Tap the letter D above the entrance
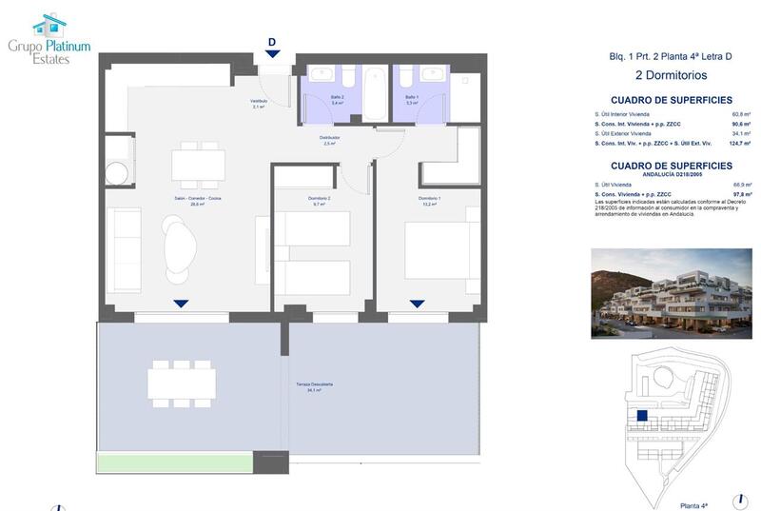coord(272,42)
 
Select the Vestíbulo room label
coord(258,104)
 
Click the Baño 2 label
coord(323,98)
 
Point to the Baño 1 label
coord(412,98)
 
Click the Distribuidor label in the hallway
coord(330,140)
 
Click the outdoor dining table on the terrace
coord(181,383)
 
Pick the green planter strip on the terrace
coord(175,463)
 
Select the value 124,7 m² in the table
coord(740,143)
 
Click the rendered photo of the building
coord(671,293)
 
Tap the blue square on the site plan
coord(643,416)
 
